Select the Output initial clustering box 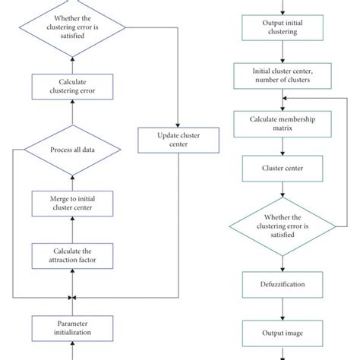(282, 30)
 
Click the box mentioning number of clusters (282, 76)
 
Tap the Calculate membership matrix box (282, 122)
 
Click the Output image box (282, 332)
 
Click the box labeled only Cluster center (282, 169)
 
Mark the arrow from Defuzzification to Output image (282, 308)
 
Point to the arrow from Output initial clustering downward (282, 52)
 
